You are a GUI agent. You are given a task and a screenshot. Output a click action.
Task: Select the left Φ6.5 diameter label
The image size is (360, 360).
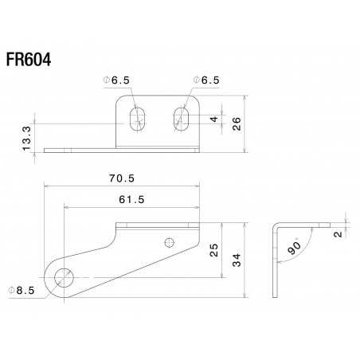coord(122,80)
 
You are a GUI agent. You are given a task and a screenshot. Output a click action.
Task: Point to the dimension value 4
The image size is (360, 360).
coord(213,119)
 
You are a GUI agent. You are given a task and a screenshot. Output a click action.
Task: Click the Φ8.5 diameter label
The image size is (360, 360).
coord(21,290)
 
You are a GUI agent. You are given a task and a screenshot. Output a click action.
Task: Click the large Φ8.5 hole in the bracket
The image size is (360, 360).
coord(64,276)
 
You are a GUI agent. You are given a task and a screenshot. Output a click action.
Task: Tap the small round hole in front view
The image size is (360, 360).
coord(168,241)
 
